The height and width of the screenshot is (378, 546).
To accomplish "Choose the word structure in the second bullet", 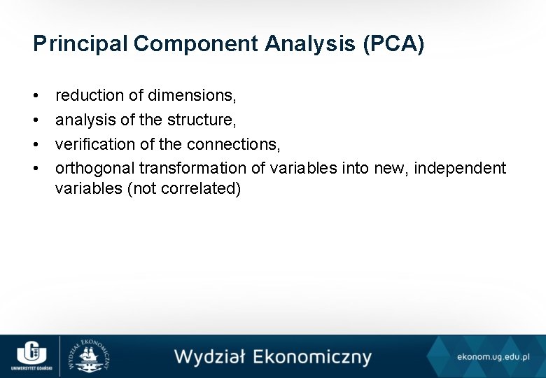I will [201, 120].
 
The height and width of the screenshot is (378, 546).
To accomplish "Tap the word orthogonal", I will [95, 169].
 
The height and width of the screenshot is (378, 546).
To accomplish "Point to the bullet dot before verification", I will [36, 145].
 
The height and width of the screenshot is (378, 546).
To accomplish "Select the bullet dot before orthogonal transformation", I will [36, 169].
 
